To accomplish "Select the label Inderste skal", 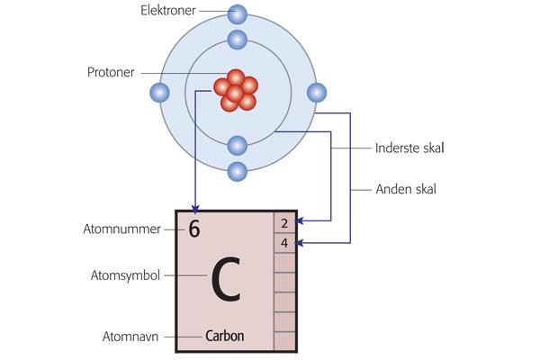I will [409, 148].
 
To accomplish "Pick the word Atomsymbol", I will [126, 274].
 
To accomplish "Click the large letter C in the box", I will [226, 281].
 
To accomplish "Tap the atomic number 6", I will [194, 229].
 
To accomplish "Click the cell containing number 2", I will [284, 222].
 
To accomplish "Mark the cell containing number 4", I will [284, 243].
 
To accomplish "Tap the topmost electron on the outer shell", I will [238, 13].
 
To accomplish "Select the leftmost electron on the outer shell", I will [160, 92].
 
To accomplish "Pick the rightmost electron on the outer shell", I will [316, 92].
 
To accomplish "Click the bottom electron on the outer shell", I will [238, 170].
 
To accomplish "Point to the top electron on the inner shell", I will [238, 40].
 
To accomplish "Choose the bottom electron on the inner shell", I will [238, 144].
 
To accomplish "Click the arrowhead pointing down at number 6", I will [194, 208].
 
